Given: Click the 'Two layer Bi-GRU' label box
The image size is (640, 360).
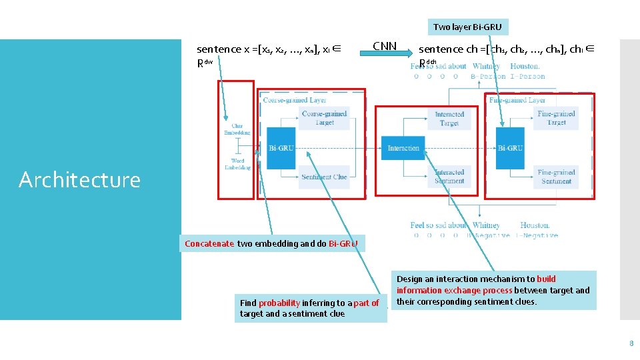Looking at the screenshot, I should pyautogui.click(x=467, y=27).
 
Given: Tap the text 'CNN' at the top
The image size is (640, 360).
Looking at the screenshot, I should pyautogui.click(x=385, y=46).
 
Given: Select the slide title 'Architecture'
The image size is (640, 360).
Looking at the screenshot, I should pyautogui.click(x=79, y=179).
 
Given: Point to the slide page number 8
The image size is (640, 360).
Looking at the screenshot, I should pyautogui.click(x=631, y=344).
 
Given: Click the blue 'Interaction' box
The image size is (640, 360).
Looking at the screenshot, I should pyautogui.click(x=403, y=148).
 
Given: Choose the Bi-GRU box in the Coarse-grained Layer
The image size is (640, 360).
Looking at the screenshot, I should pyautogui.click(x=281, y=147).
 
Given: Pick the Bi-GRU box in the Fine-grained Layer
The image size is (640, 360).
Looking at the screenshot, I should pyautogui.click(x=510, y=148).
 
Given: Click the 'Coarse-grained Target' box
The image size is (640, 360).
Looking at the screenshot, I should pyautogui.click(x=325, y=118).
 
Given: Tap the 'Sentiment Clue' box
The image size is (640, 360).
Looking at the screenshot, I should pyautogui.click(x=325, y=177).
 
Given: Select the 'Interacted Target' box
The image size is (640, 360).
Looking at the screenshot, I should pyautogui.click(x=449, y=119).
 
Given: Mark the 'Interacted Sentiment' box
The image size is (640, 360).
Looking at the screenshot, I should pyautogui.click(x=449, y=177).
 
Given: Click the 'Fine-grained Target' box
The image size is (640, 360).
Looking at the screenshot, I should pyautogui.click(x=555, y=118).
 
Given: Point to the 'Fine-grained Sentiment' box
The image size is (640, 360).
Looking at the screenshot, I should pyautogui.click(x=555, y=177).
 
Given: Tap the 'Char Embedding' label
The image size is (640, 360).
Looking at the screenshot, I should pyautogui.click(x=237, y=129).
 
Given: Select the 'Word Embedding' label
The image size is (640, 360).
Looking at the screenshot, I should pyautogui.click(x=237, y=164).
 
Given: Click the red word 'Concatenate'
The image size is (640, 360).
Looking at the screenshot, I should pyautogui.click(x=209, y=243).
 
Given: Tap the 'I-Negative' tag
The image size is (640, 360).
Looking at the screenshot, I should pyautogui.click(x=539, y=235).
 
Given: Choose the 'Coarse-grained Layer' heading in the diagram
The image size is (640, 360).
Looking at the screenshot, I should pyautogui.click(x=295, y=100).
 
